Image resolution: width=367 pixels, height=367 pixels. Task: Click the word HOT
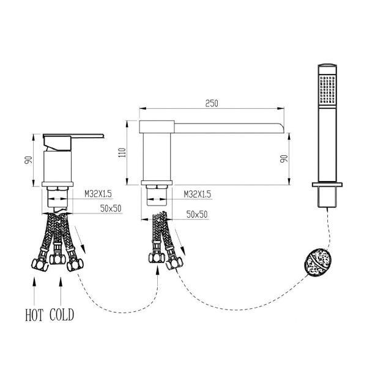point(34,315)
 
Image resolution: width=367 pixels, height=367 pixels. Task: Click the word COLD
point(62,315)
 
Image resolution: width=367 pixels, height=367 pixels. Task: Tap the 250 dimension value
point(212,103)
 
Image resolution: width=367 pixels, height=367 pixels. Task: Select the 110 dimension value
point(122,152)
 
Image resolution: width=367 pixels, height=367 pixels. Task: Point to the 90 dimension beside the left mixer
point(28,160)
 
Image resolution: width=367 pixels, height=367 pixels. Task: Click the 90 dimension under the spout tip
point(284,159)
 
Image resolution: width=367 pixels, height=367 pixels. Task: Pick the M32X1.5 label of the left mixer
point(98,194)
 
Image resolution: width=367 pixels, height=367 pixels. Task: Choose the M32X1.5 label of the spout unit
point(198,194)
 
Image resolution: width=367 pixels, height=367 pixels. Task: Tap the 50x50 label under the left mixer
point(111,208)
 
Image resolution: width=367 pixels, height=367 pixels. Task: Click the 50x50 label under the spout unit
point(197,215)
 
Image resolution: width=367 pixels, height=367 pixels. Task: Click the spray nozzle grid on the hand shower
point(327,89)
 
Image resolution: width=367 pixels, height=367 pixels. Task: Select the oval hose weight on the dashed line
point(318,263)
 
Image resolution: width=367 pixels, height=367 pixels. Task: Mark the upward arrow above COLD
point(61,292)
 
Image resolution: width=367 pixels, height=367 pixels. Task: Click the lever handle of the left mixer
point(73,135)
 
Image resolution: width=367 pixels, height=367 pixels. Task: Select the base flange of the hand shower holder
point(327,185)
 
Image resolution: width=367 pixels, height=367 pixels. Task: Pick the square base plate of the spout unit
point(157,183)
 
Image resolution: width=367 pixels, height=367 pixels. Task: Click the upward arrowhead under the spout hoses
point(158,271)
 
